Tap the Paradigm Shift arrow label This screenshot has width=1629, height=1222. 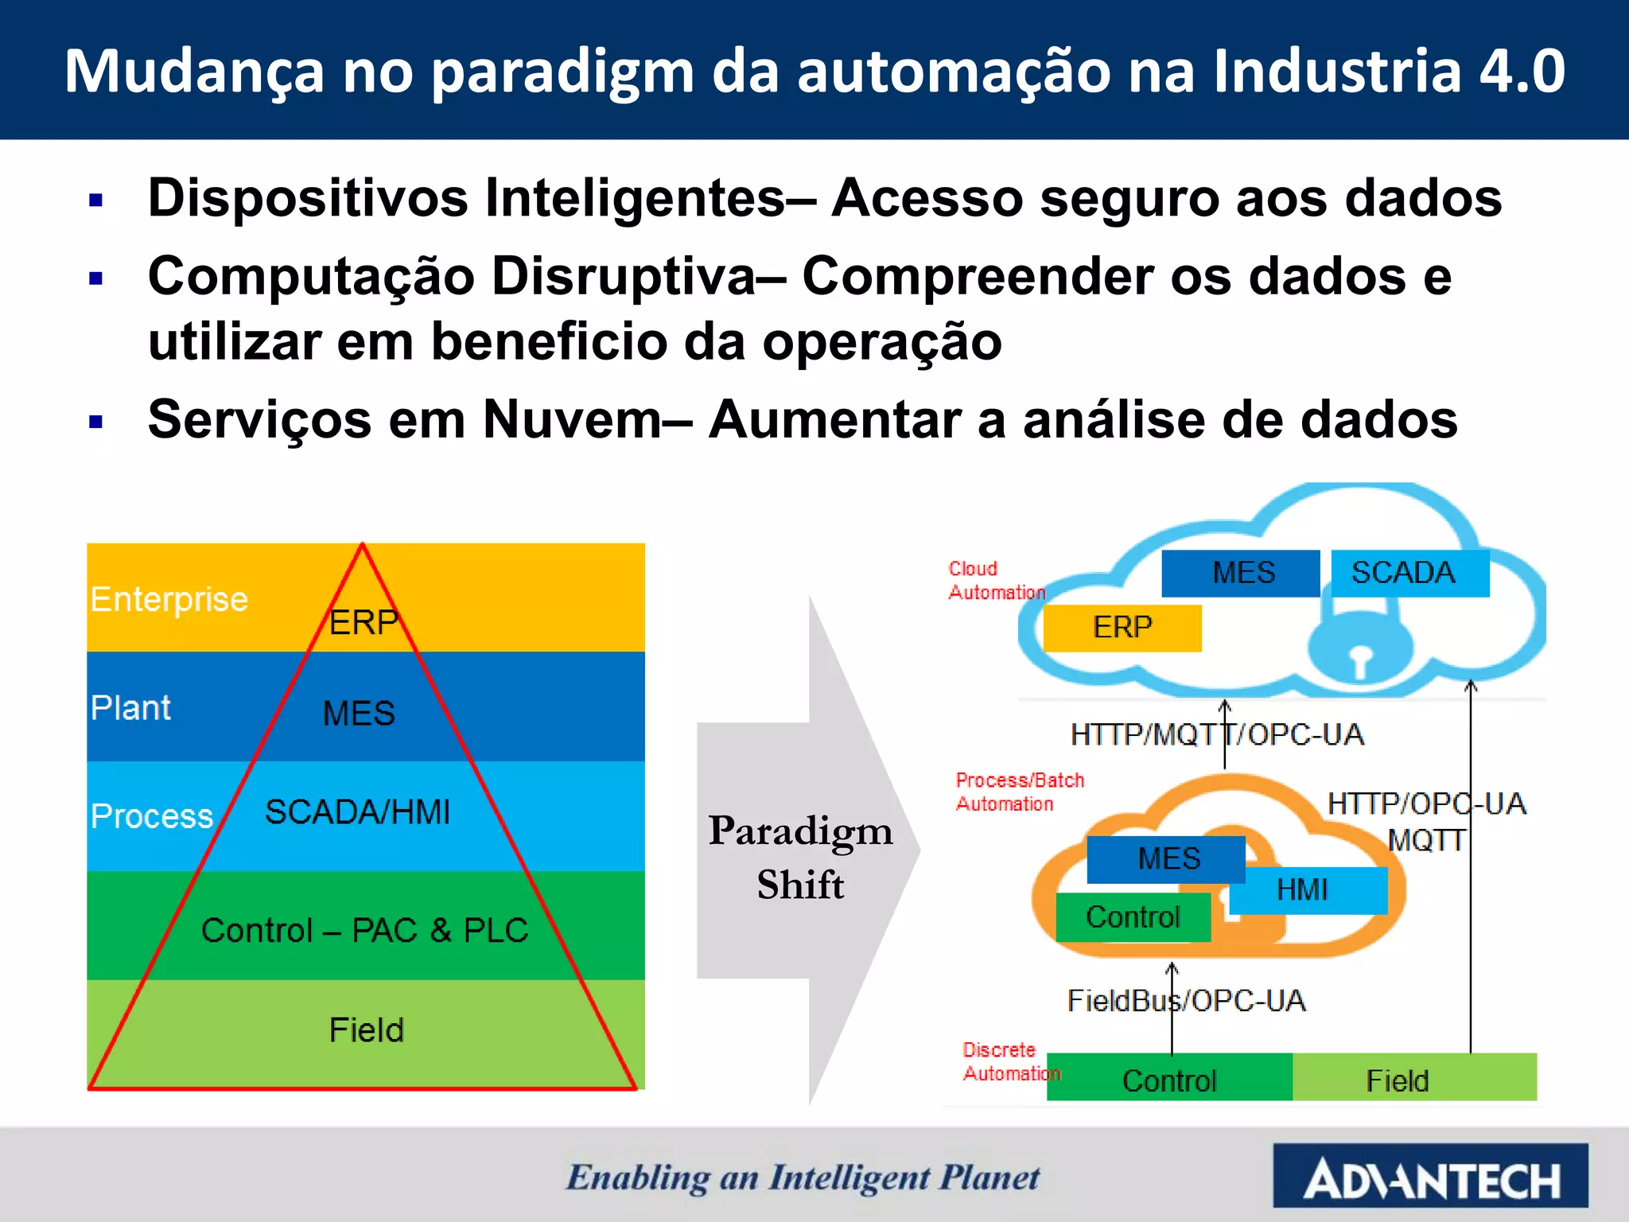pos(800,858)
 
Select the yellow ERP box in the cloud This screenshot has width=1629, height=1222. pos(1122,628)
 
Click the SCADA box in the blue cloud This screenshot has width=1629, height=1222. pos(1409,573)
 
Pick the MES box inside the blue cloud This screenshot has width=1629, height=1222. pos(1241,573)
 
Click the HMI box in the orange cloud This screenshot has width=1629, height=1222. pos(1308,890)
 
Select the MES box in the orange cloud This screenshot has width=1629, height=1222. pos(1166,859)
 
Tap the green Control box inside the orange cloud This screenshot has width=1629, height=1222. pos(1133,917)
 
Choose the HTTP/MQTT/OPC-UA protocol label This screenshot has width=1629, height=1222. pos(1217,734)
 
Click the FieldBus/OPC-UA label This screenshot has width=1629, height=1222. pos(1186,1001)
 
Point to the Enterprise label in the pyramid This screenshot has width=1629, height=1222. pos(169,599)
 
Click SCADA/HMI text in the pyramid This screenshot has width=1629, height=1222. pos(357,812)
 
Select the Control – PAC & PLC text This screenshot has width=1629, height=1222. pos(364,930)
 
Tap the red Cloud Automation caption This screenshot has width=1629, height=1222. pos(996,581)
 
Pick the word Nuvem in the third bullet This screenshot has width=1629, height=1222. pos(572,419)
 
